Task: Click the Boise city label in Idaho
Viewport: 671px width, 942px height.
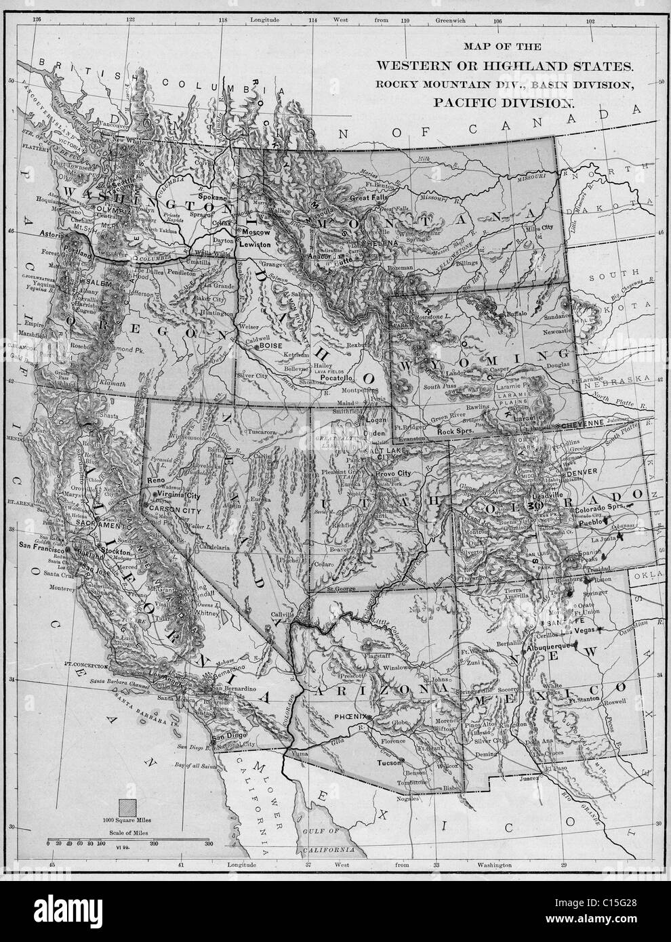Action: point(270,346)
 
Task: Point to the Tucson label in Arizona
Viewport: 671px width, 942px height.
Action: point(389,763)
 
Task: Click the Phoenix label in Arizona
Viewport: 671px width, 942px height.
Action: point(350,716)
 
